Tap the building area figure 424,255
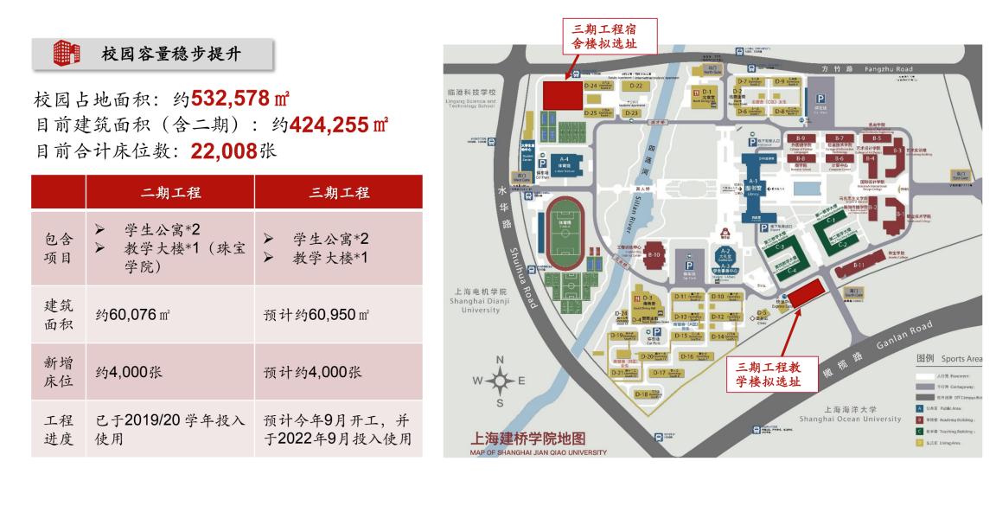pos(338,125)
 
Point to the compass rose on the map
pos(500,381)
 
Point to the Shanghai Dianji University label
pos(485,300)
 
